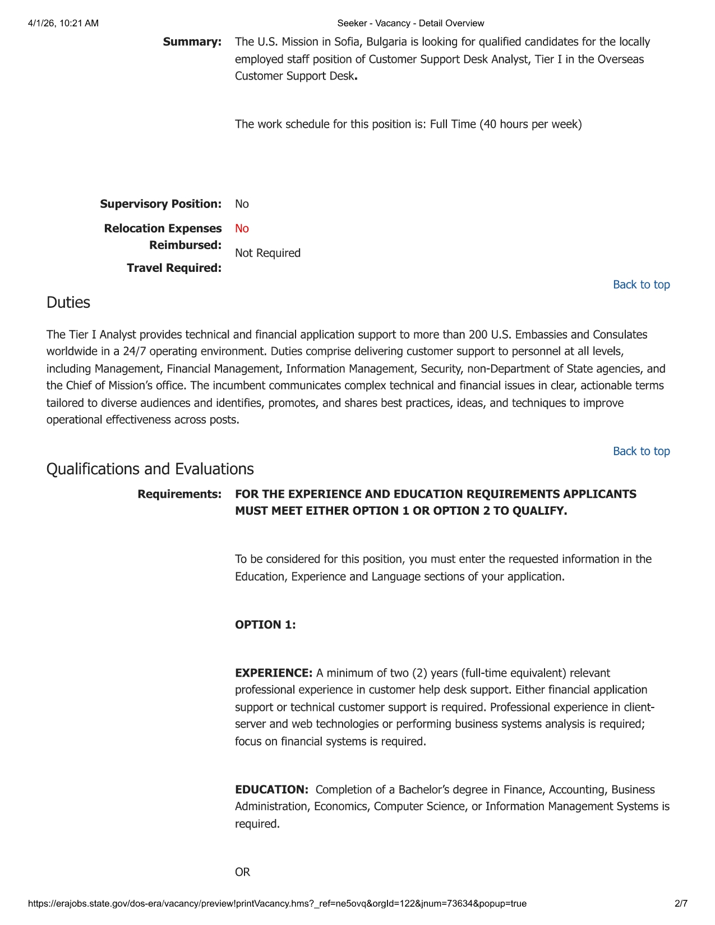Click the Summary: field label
point(192,42)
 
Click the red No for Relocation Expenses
point(242,229)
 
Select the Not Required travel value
point(267,253)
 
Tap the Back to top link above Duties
point(641,285)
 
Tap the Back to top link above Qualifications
point(641,451)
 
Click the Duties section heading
point(68,303)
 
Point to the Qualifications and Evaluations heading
point(150,469)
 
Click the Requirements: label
point(179,494)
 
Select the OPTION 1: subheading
point(265,625)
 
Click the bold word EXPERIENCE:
point(274,673)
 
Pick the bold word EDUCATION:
point(271,790)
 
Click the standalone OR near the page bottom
point(242,872)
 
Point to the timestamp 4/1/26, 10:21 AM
point(63,24)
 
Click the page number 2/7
point(681,904)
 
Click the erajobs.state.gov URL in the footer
point(277,904)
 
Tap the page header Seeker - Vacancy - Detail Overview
point(410,24)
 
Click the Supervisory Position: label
point(160,204)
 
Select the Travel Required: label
point(174,269)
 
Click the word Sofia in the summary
point(348,42)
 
